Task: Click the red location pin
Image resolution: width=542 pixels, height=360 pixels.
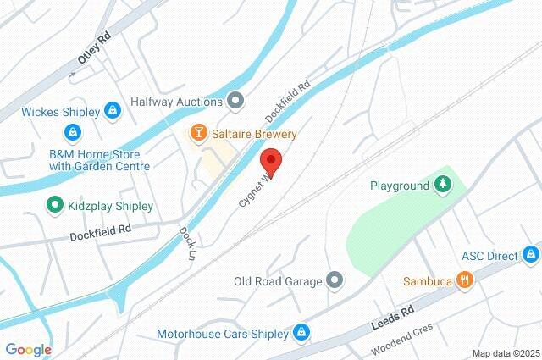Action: pos(271,160)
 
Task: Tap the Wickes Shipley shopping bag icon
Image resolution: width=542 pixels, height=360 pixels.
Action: pos(112,110)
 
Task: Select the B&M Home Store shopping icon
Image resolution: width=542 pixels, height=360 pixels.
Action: pos(74,132)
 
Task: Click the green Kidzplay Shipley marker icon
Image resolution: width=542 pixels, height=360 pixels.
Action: pos(55,205)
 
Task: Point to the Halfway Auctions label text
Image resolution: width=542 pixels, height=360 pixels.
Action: pos(176,102)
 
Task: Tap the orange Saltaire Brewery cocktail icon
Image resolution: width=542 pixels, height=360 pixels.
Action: pos(197,133)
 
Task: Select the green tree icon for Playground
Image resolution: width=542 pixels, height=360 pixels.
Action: pos(442,184)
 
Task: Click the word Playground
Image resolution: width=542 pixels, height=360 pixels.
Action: pos(400,185)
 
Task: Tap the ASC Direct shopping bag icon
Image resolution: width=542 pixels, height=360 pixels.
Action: pos(531,253)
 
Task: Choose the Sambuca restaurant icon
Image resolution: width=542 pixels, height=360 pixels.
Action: pos(464,280)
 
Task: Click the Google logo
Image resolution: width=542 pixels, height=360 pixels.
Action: pos(28,349)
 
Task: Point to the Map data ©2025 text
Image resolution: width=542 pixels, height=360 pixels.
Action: pos(505,352)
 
